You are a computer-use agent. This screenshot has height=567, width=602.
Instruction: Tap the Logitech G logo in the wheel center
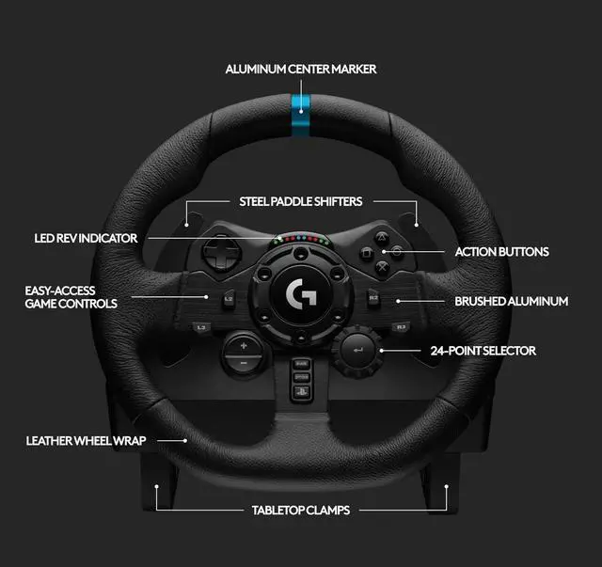pos(301,293)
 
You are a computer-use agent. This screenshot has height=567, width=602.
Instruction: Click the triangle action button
pos(383,238)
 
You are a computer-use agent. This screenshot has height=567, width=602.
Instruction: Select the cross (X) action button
pos(383,266)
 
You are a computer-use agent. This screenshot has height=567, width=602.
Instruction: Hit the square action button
pos(369,252)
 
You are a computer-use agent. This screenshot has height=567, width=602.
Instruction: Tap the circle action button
pos(397,252)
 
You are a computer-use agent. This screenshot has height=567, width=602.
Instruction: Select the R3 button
pos(400,327)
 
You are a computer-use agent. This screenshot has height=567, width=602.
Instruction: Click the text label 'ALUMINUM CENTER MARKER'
pos(301,70)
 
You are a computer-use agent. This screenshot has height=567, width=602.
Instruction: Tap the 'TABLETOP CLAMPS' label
pos(301,510)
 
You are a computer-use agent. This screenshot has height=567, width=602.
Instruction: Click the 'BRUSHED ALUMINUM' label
pos(511,301)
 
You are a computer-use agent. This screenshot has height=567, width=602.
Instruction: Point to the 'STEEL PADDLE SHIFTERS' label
pos(301,200)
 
